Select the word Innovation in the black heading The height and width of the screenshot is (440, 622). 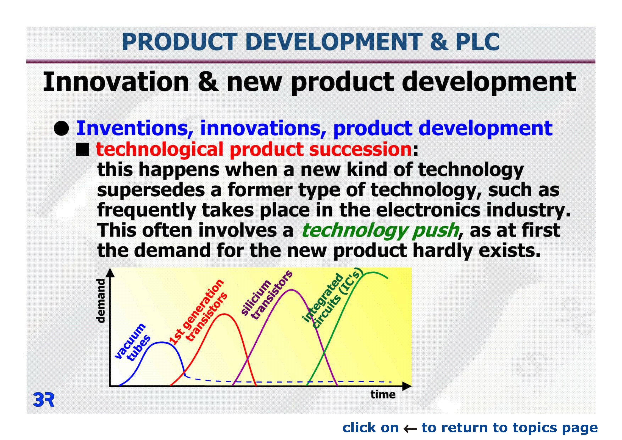point(116,82)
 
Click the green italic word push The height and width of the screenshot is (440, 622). point(435,231)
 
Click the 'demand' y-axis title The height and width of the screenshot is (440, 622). point(101,301)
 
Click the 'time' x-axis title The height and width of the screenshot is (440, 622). point(383,395)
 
